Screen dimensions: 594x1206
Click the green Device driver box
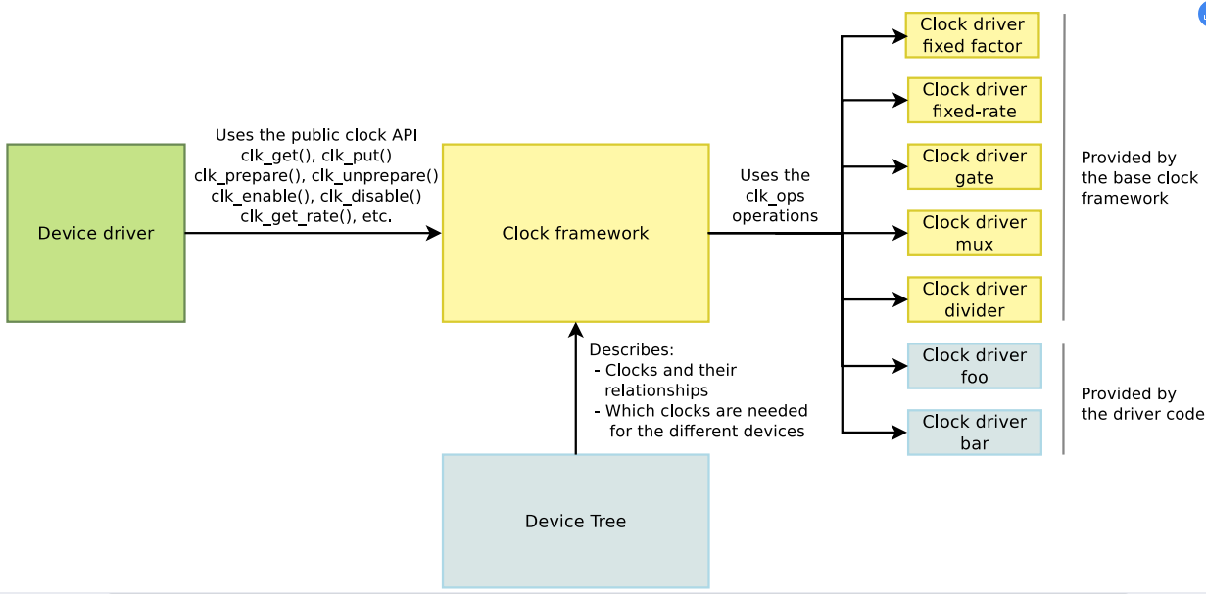click(95, 233)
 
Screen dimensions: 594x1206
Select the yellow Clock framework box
click(575, 233)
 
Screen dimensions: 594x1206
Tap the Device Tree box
click(575, 521)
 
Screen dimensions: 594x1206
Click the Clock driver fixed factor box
click(972, 35)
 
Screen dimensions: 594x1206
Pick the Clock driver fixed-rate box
click(974, 100)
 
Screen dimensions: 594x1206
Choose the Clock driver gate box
click(974, 166)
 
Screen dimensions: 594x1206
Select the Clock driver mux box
click(974, 233)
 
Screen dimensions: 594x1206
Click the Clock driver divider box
click(974, 299)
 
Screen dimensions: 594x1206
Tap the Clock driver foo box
click(974, 366)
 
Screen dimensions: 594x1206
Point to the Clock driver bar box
click(974, 432)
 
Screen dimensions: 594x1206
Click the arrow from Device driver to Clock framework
click(314, 233)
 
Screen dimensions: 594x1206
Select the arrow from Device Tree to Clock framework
click(575, 391)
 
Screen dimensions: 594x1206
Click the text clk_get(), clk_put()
click(315, 156)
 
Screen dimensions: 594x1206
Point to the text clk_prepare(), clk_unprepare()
click(315, 176)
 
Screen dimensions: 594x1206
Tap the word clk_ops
click(774, 196)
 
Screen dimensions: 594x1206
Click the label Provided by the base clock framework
click(1138, 177)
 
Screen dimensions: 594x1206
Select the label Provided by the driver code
click(1141, 403)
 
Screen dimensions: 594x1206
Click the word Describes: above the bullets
click(632, 349)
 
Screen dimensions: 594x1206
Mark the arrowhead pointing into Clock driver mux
click(900, 233)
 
